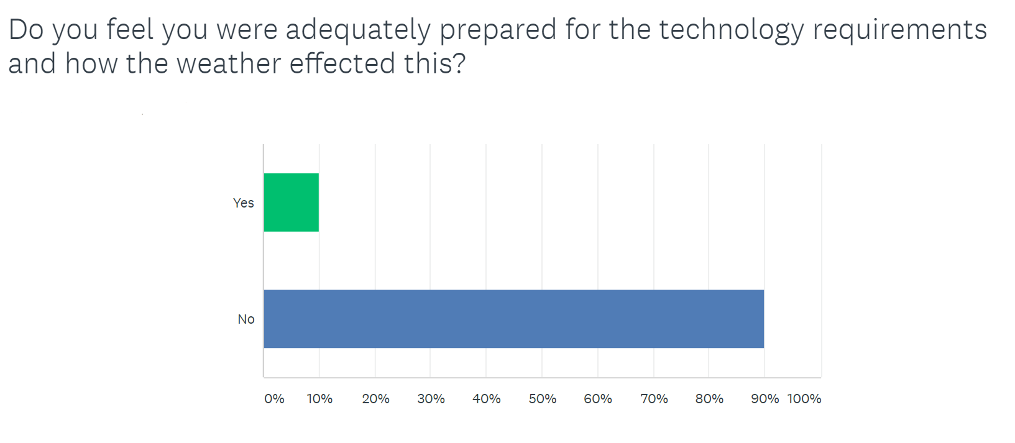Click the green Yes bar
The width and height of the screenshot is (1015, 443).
292,203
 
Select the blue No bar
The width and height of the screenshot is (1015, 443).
514,319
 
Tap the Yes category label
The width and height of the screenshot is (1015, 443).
243,203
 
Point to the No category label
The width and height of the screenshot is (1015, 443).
246,319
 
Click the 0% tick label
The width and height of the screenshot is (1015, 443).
274,399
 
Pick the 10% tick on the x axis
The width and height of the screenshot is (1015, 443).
319,399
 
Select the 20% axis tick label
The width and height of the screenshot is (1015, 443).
375,399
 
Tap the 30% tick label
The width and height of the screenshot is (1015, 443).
431,399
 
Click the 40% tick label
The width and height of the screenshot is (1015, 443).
486,399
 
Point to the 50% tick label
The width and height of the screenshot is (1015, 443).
543,399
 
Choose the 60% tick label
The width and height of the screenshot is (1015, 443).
598,399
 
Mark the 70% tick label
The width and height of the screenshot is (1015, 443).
654,399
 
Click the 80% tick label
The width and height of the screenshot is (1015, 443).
709,399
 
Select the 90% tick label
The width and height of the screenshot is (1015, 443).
765,399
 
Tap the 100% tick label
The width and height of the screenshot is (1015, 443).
804,399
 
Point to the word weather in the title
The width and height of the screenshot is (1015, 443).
229,63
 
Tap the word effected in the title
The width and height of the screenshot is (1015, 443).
342,63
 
